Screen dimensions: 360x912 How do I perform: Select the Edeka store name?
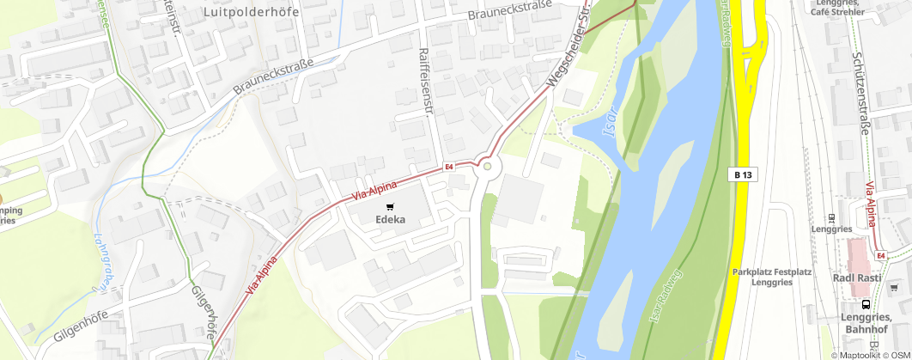(390, 220)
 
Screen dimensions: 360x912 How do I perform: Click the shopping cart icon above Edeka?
(390, 206)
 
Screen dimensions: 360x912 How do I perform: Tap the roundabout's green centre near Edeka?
(487, 167)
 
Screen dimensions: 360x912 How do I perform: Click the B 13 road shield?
(744, 174)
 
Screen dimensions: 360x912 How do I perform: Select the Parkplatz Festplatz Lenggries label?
(772, 277)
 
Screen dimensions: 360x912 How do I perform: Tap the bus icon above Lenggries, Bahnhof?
(866, 303)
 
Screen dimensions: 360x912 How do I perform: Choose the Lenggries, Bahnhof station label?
(866, 323)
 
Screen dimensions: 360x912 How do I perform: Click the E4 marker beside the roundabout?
(448, 168)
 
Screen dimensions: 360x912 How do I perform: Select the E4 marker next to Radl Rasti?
(880, 255)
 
